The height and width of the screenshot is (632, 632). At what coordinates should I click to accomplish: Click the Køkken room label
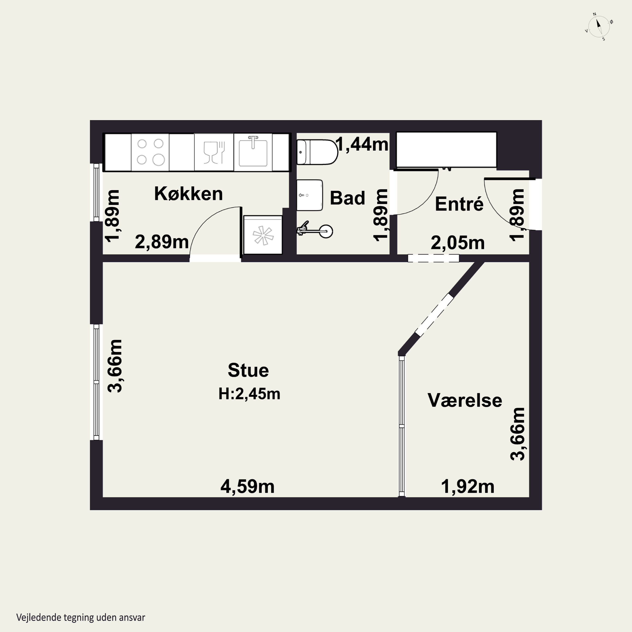point(188,193)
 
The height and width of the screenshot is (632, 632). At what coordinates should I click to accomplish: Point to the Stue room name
point(248,370)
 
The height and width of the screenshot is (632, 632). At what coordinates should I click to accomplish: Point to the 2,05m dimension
point(457,243)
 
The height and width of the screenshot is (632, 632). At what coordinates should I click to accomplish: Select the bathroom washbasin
point(309,195)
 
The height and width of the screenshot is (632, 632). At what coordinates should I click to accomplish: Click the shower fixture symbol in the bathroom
point(315,230)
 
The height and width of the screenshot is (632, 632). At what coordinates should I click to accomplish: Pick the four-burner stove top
point(150,152)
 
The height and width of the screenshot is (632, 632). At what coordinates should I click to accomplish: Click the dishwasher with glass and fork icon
point(214,152)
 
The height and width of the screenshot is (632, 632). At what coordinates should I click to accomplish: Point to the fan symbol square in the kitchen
point(263,235)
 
